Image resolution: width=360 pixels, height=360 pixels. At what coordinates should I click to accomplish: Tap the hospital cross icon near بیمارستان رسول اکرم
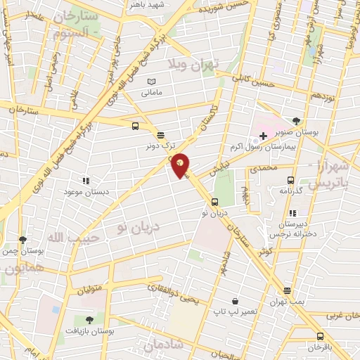click(263, 135)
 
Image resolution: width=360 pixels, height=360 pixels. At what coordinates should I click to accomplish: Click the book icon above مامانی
click(153, 82)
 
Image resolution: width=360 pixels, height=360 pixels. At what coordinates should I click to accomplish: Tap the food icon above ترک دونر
click(160, 135)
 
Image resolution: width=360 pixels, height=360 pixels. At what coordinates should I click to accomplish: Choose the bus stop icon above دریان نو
click(215, 202)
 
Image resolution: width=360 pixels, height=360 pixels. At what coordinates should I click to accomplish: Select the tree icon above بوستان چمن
click(22, 239)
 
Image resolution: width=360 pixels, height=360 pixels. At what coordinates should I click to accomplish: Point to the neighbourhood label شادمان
click(162, 345)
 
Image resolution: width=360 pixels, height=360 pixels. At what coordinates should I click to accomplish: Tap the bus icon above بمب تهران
click(288, 290)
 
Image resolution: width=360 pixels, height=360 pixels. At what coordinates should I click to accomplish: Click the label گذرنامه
click(290, 191)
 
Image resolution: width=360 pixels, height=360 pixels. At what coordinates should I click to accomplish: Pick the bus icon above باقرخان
click(320, 336)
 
